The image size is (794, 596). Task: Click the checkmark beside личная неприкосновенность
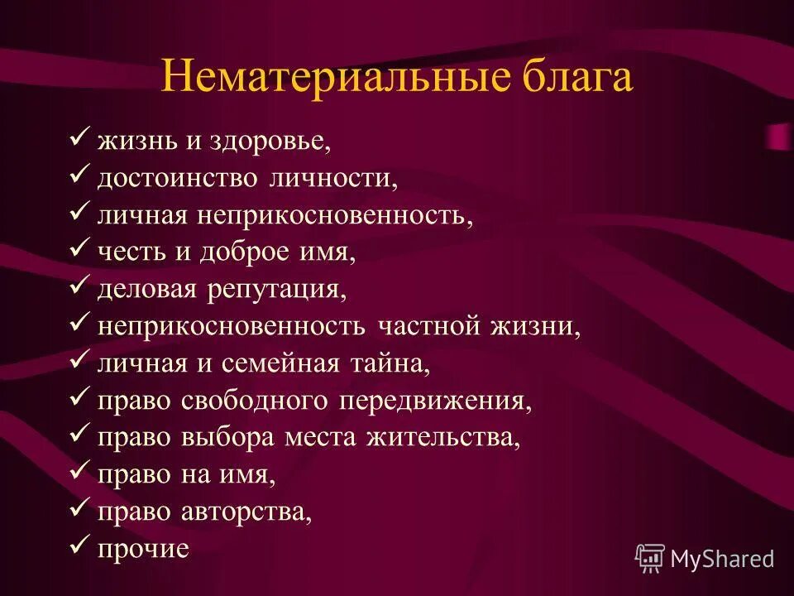(x=80, y=214)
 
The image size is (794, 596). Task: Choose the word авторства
(x=246, y=512)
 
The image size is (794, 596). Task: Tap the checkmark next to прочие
(x=80, y=546)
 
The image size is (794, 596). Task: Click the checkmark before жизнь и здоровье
(x=80, y=139)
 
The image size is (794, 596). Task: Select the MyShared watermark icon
(x=650, y=558)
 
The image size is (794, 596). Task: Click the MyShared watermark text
(x=722, y=559)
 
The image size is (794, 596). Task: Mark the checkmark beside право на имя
(x=80, y=473)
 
